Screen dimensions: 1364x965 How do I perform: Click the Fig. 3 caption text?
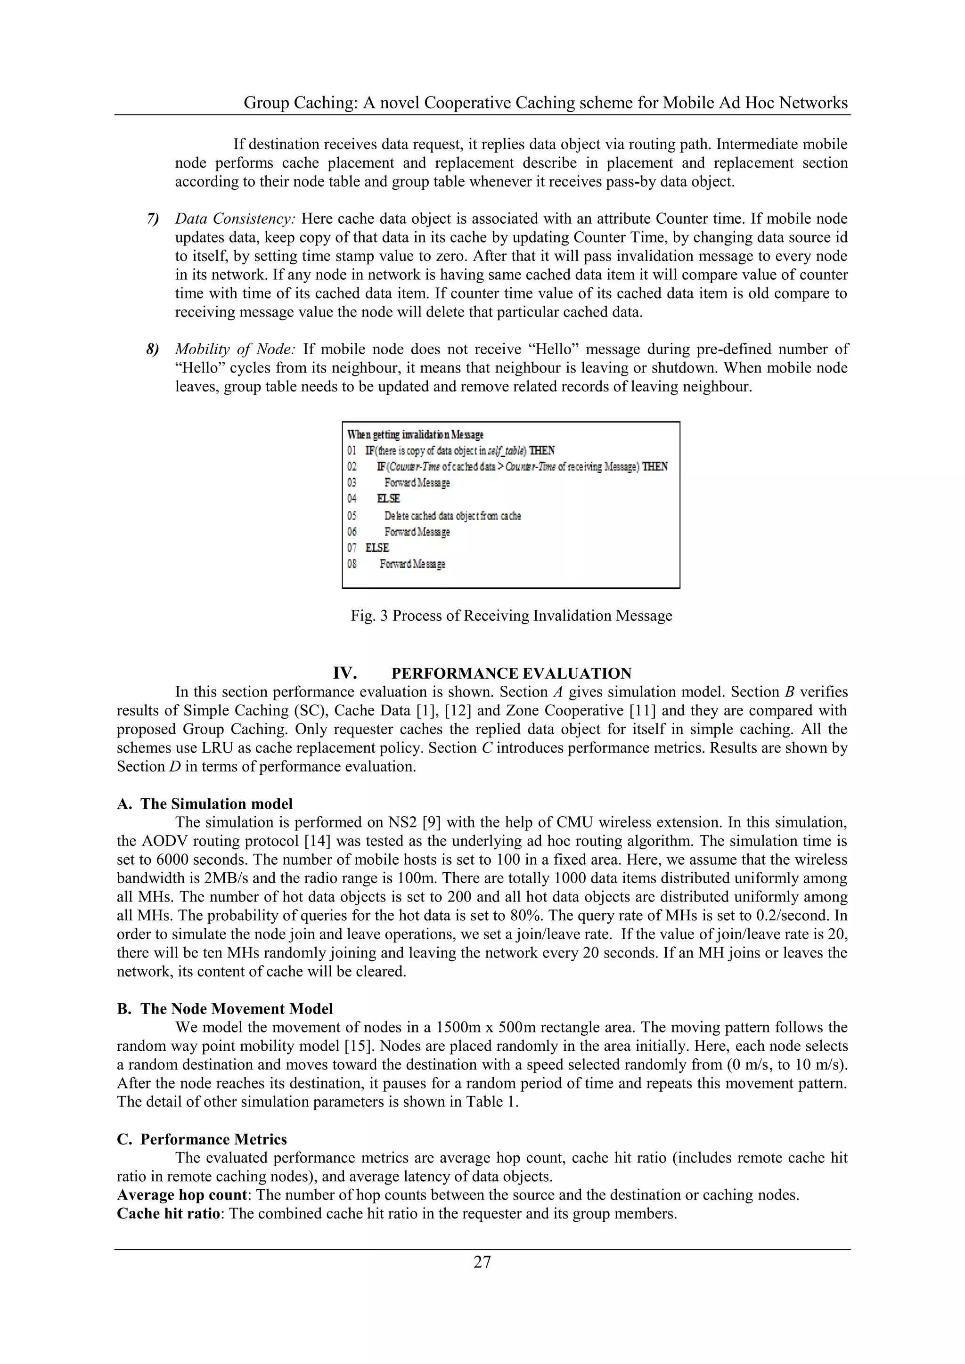pos(511,616)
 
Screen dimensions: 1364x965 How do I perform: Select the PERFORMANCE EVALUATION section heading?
pos(511,673)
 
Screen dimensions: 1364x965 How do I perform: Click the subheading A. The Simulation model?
pos(205,804)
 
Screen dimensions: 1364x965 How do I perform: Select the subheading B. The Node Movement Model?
pos(225,1009)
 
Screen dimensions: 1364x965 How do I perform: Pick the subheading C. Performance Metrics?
pos(202,1139)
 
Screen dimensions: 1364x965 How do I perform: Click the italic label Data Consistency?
pos(235,219)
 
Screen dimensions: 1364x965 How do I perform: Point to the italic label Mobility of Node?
pos(235,349)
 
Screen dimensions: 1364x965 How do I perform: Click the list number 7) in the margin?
pos(153,219)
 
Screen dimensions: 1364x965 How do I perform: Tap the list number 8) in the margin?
pos(153,349)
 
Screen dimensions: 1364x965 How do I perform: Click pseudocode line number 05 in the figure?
pos(352,516)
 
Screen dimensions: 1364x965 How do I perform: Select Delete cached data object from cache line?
pos(452,516)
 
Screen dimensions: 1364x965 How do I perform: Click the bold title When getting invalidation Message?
pos(415,434)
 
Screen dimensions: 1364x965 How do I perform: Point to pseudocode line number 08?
pos(352,564)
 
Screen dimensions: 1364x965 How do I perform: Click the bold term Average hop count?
pos(182,1195)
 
